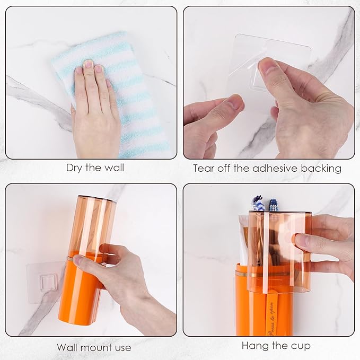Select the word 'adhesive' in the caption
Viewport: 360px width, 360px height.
coord(271,169)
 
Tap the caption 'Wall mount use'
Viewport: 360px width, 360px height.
coord(94,348)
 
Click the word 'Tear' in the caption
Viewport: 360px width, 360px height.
coord(204,169)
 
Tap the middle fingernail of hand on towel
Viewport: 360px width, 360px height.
coord(88,65)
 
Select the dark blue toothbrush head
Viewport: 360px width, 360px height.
coord(274,205)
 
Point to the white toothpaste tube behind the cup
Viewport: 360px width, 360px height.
coord(243,239)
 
